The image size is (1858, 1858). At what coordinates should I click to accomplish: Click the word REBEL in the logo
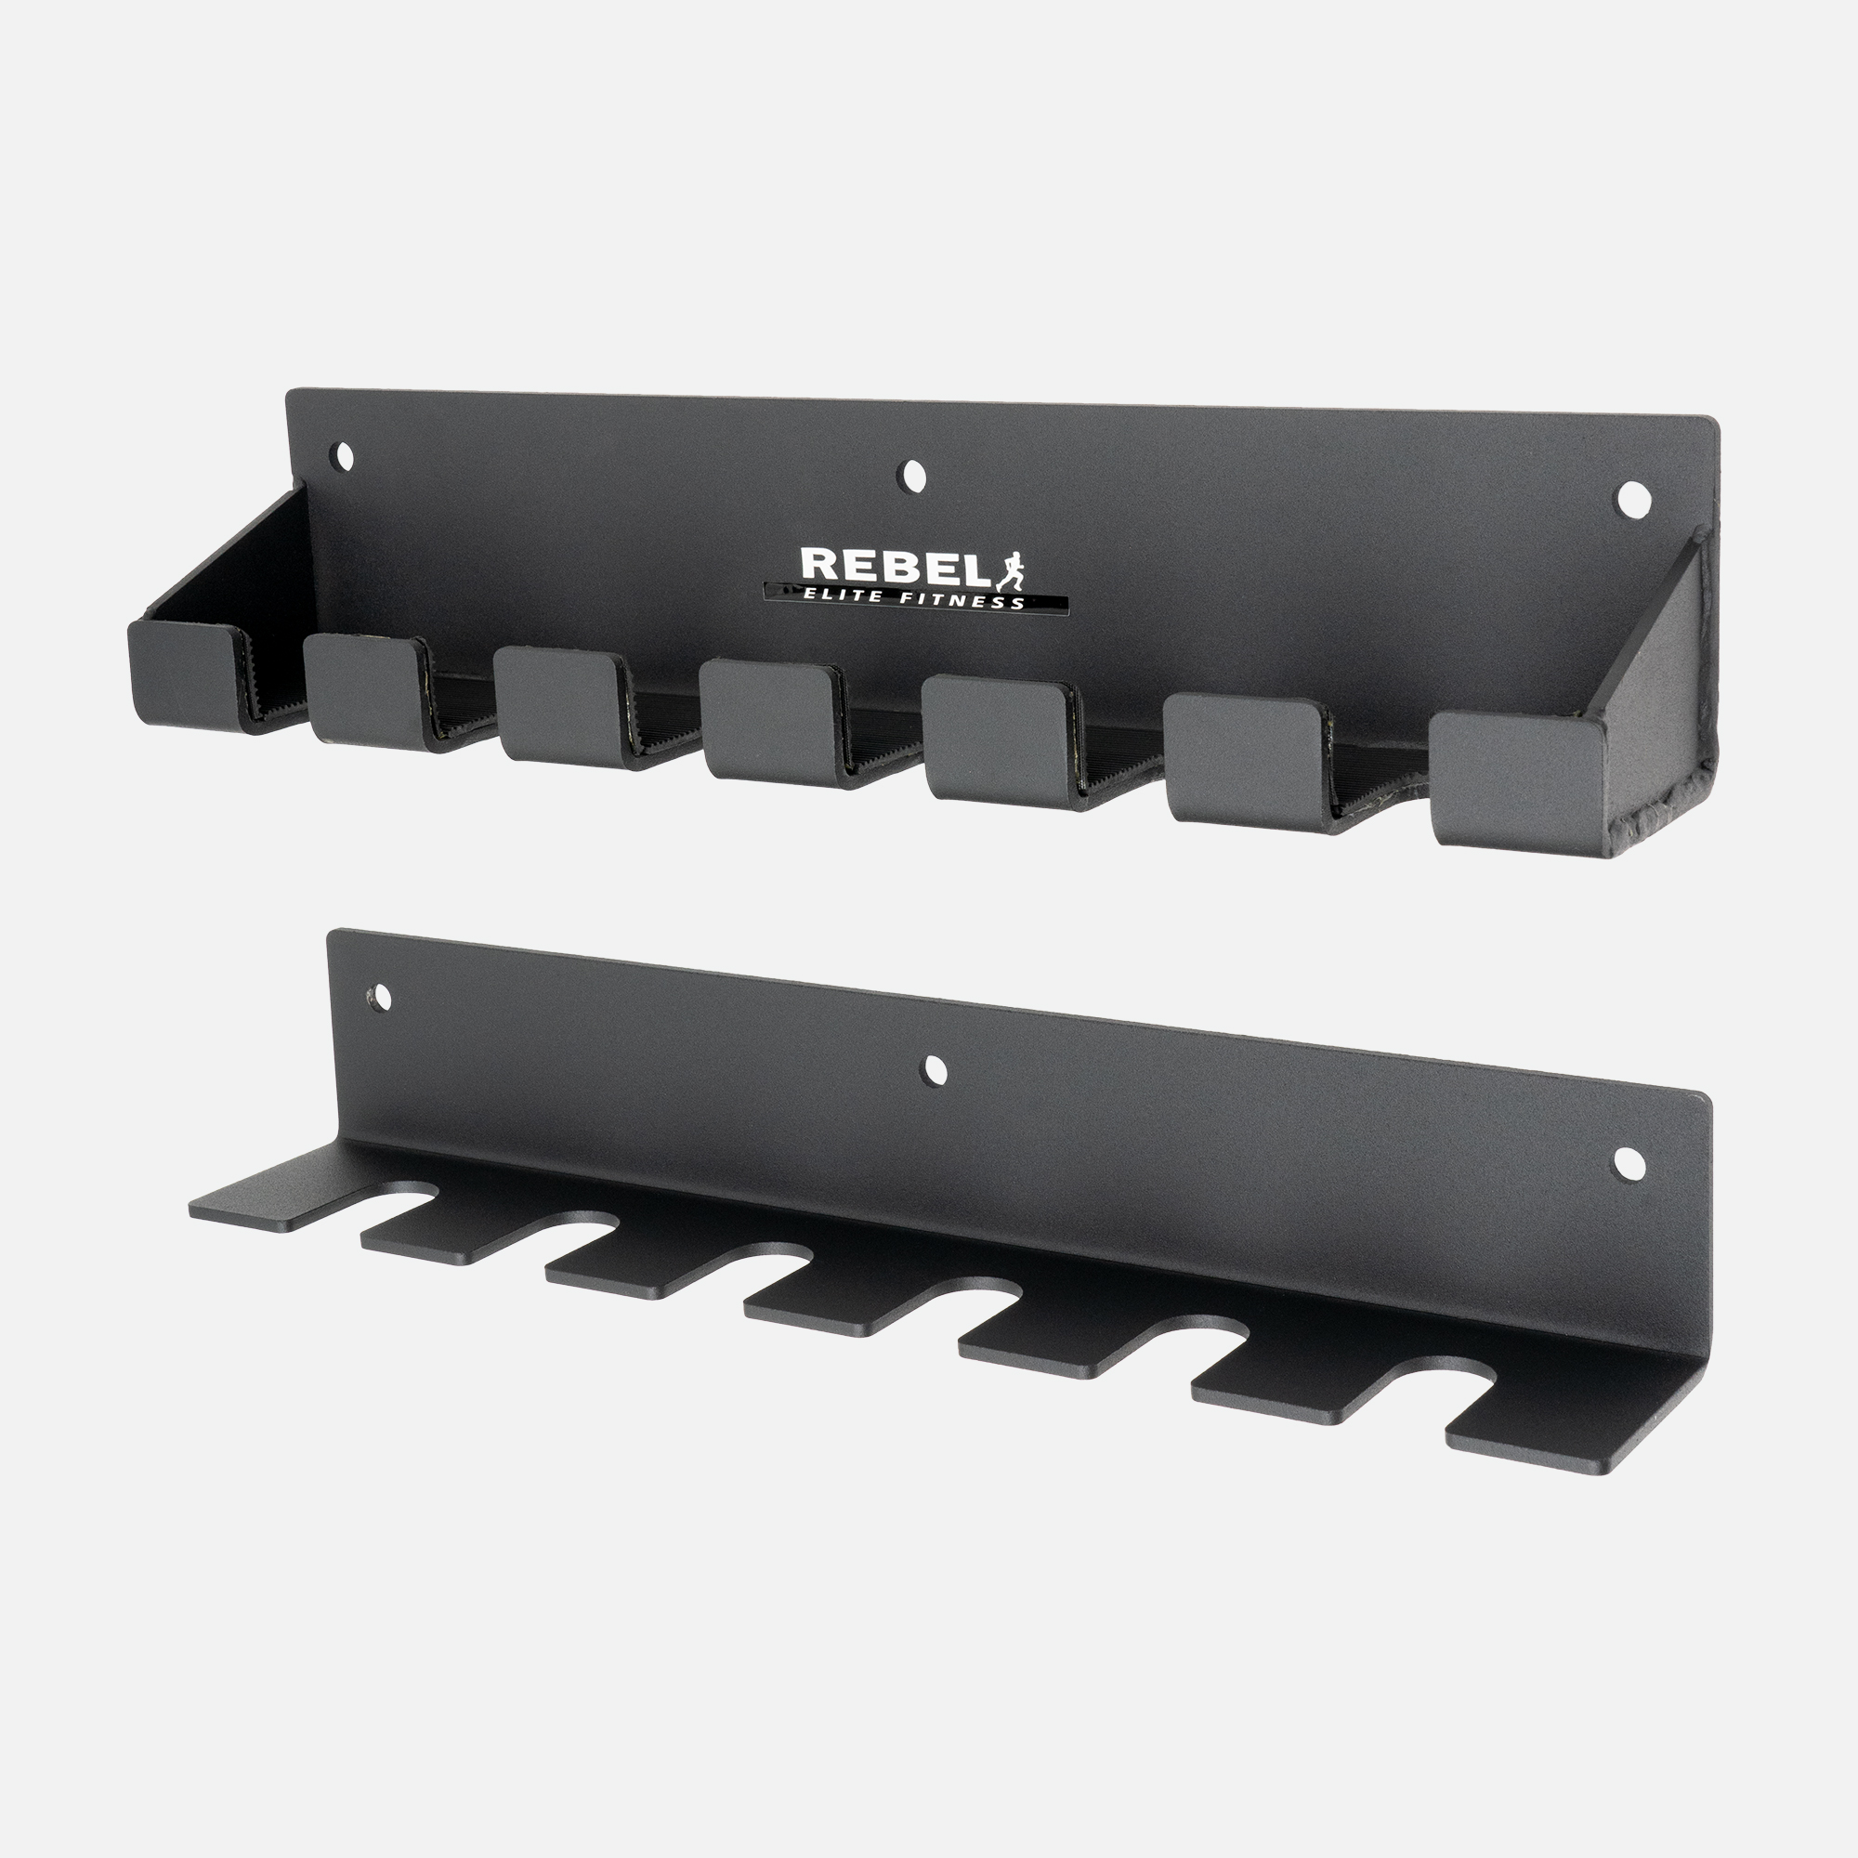click(895, 567)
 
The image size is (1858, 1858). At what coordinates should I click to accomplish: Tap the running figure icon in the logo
click(1011, 571)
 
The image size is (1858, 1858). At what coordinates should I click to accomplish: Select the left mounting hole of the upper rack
click(343, 455)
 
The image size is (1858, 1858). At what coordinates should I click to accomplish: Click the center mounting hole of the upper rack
click(909, 475)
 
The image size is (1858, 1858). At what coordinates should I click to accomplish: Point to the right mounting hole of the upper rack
click(1632, 498)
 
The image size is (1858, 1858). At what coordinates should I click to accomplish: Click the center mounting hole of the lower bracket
click(933, 1069)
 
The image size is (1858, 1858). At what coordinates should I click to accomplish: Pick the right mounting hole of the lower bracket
click(1629, 1165)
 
